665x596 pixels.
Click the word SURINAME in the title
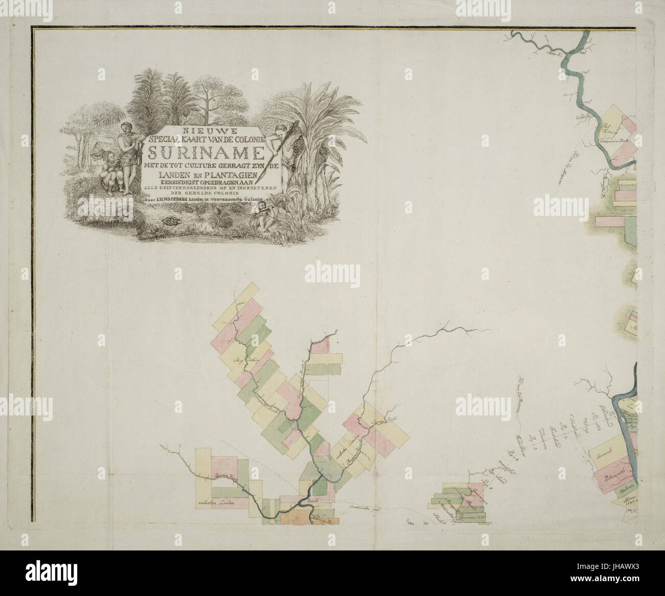[x=204, y=152]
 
